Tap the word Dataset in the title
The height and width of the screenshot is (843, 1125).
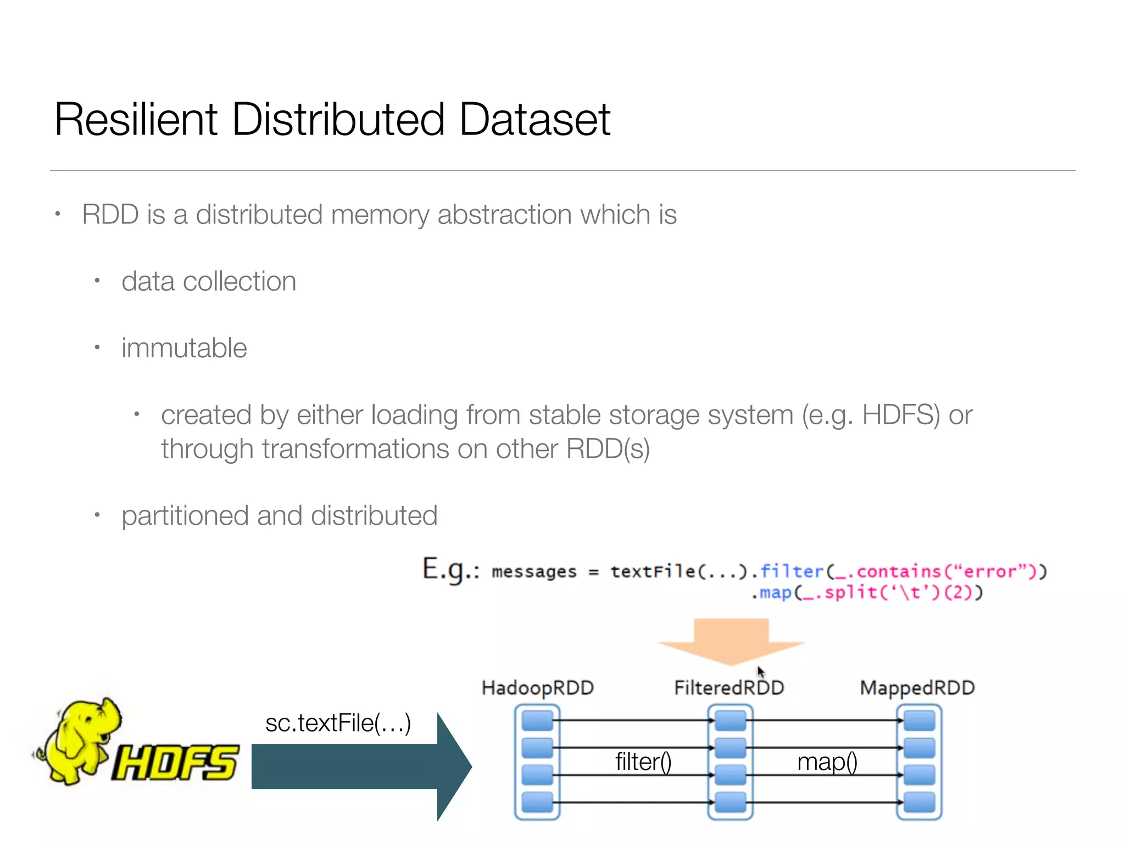(534, 120)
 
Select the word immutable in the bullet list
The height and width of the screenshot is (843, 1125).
(184, 348)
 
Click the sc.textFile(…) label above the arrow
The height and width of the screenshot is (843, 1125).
(338, 723)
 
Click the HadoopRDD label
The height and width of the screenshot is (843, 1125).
(537, 688)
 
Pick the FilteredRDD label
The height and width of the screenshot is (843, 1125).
(729, 688)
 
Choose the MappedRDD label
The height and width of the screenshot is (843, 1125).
(917, 688)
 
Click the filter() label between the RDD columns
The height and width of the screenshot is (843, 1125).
(643, 762)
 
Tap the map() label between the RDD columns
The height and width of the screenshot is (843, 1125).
(827, 762)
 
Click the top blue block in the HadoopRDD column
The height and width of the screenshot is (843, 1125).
(537, 720)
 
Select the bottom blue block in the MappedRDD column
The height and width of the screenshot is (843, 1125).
(919, 802)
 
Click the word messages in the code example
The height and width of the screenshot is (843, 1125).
(534, 572)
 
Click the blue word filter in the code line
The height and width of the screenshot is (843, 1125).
(792, 571)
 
